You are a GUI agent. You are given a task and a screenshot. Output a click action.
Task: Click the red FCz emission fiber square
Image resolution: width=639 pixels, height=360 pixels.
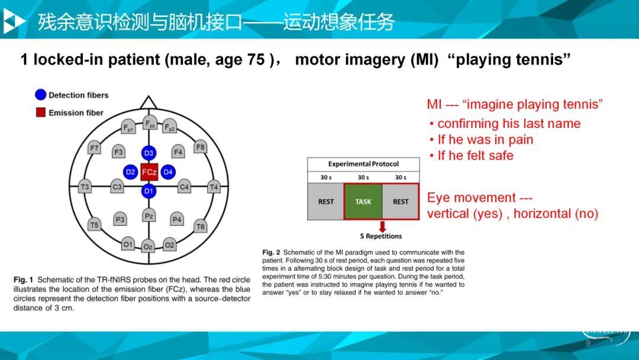(x=149, y=172)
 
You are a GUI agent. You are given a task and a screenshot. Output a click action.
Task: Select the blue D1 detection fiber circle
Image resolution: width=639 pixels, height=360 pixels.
(x=149, y=191)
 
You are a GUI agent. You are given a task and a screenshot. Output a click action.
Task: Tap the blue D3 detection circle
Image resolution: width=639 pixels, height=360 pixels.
(x=149, y=153)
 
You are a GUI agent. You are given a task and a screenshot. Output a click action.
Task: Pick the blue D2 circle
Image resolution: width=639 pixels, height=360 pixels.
(x=130, y=172)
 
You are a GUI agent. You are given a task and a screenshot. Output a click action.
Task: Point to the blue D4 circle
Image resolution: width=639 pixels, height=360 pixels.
(x=168, y=172)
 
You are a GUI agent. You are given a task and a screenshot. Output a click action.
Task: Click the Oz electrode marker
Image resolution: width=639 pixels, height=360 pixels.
(x=148, y=246)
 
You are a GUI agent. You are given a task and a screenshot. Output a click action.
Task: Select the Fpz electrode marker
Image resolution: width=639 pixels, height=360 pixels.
(x=150, y=123)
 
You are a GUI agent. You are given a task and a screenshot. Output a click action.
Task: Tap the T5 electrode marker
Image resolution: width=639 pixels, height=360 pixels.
(x=94, y=224)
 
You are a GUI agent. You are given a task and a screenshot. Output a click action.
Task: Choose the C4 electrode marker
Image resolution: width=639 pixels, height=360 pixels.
(x=184, y=187)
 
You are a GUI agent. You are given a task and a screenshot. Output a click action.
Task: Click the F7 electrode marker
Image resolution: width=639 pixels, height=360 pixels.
(x=94, y=147)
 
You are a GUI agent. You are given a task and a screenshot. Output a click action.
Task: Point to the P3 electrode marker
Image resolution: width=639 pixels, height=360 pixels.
(x=120, y=219)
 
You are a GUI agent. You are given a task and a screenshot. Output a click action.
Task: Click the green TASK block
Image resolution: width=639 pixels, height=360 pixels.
(x=363, y=201)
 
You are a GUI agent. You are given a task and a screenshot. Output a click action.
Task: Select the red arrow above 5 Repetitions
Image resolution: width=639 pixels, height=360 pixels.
(x=382, y=226)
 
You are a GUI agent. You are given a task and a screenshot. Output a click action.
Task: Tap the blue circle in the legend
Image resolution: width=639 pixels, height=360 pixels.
(x=41, y=95)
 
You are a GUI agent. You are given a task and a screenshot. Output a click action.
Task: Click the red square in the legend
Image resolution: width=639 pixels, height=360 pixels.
(x=41, y=112)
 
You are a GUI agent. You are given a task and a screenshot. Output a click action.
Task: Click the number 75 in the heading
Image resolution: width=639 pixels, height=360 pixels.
(x=256, y=60)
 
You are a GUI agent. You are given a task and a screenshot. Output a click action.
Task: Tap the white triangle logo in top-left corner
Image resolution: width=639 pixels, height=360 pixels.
(x=14, y=21)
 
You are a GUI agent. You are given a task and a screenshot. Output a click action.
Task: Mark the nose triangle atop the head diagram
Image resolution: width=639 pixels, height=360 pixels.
(x=149, y=103)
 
